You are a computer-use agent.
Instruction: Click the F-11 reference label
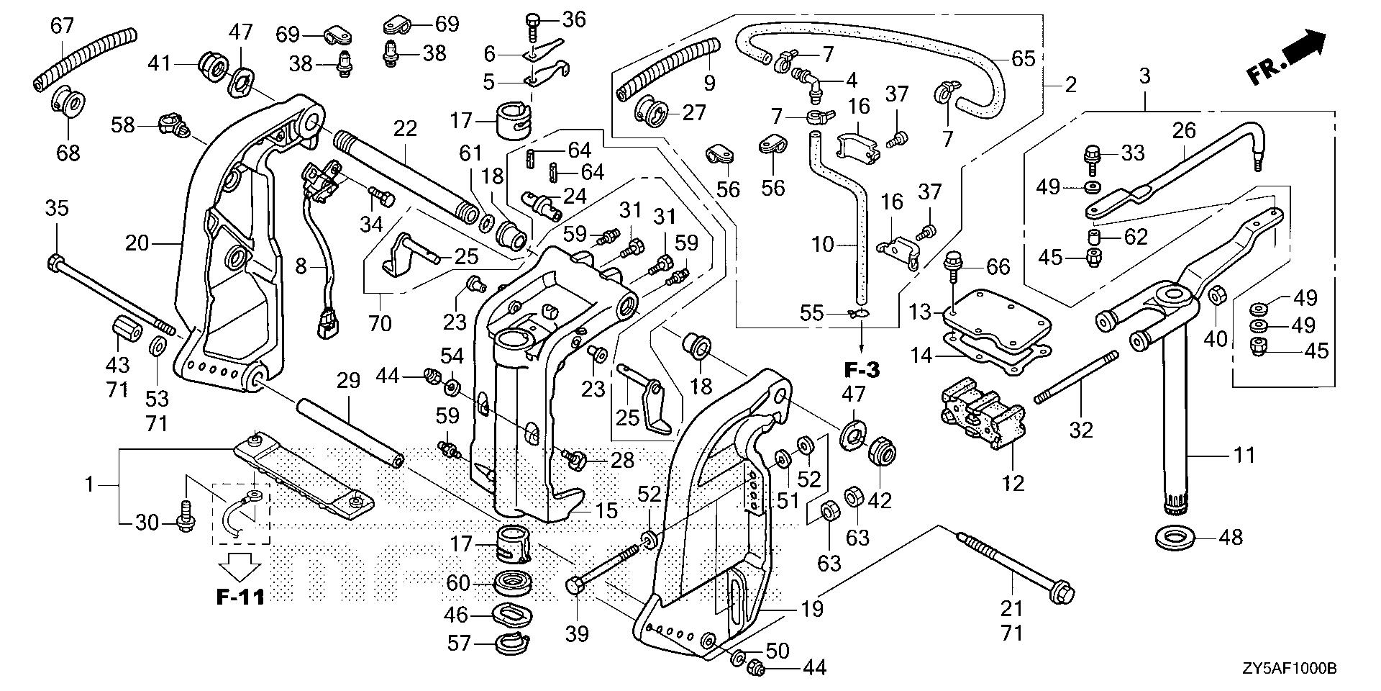coord(240,597)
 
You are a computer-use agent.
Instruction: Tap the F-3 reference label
coord(861,371)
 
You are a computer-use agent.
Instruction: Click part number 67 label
coord(62,26)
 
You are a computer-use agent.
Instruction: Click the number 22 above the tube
coord(405,129)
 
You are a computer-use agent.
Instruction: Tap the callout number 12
coord(1013,482)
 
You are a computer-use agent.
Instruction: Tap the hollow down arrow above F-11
coord(240,566)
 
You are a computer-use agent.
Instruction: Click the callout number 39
coord(577,633)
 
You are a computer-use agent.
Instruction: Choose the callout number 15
coord(606,511)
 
